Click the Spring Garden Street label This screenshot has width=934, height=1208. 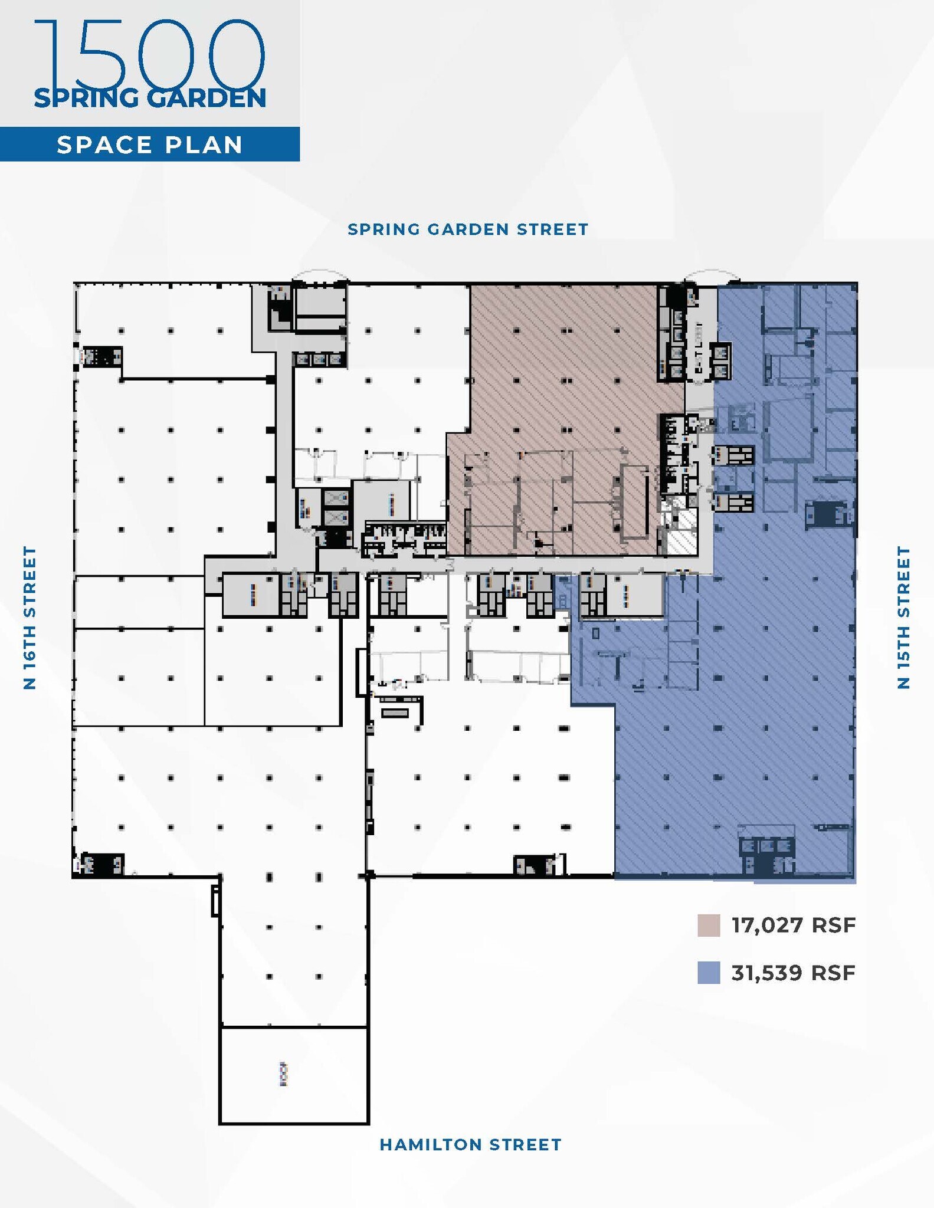pos(468,229)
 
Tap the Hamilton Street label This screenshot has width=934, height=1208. pos(470,1145)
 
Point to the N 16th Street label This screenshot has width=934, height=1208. pos(30,618)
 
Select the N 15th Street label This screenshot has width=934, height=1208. pos(903,618)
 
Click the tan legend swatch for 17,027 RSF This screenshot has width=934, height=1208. pos(709,925)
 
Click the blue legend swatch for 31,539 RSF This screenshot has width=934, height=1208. pos(709,973)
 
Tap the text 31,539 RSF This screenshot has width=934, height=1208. pos(793,973)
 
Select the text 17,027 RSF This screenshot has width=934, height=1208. pos(793,925)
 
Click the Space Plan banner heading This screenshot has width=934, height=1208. pos(150,145)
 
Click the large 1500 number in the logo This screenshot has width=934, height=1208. pos(150,53)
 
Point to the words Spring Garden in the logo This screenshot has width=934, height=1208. pos(150,98)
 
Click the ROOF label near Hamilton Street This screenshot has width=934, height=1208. pos(284,1074)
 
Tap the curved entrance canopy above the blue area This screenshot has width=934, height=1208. pos(712,276)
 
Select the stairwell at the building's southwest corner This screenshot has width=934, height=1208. pos(99,865)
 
